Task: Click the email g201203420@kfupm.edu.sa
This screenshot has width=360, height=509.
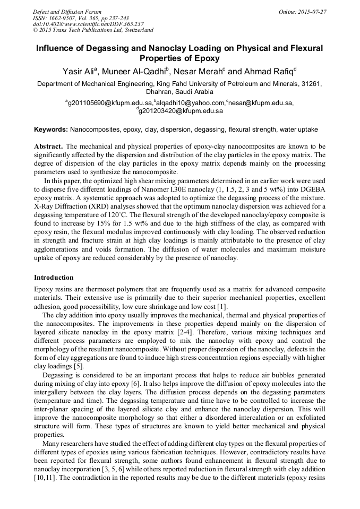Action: click(x=181, y=111)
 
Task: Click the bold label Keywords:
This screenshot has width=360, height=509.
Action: click(x=51, y=130)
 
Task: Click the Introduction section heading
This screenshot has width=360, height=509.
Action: click(x=54, y=278)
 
